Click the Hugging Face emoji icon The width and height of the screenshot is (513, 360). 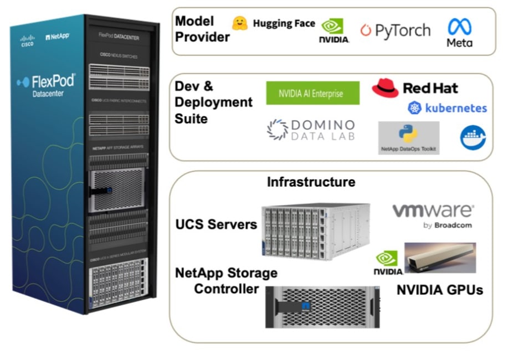239,23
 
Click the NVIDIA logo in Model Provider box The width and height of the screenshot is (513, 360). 334,30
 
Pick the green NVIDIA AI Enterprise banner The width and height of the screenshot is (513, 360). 312,93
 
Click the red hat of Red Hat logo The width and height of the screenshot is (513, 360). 386,87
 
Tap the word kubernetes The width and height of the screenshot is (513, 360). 455,108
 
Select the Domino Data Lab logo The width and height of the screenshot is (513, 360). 311,130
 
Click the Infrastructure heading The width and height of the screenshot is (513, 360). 311,182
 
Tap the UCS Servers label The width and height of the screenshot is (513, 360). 216,224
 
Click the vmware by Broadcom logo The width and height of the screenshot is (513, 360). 433,215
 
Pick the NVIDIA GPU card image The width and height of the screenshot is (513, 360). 440,258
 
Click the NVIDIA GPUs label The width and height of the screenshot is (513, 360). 440,289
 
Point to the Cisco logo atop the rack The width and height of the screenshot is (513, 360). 27,41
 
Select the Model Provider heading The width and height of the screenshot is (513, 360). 202,29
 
